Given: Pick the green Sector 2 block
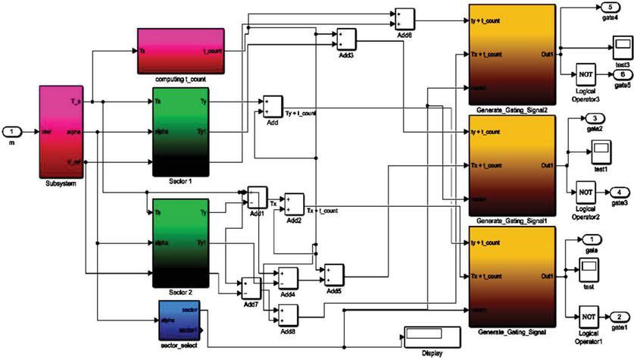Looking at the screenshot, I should tap(180, 239).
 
